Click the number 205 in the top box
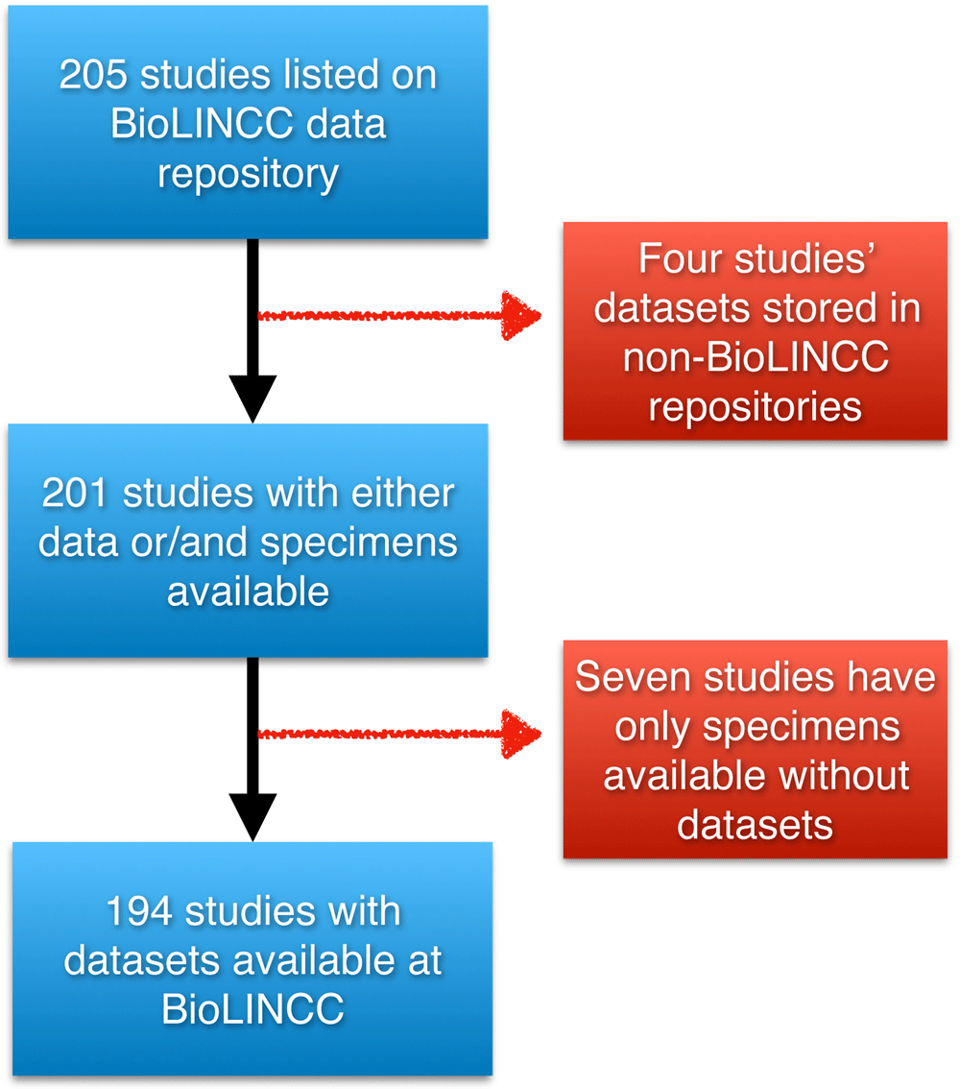(x=94, y=74)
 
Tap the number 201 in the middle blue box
(x=75, y=493)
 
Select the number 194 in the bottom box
(x=139, y=911)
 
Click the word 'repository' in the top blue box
(x=249, y=175)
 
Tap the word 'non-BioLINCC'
(x=756, y=357)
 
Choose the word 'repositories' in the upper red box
(x=756, y=408)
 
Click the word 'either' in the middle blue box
(x=402, y=493)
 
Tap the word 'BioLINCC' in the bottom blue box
(x=252, y=1010)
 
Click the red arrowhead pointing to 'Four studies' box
(x=520, y=316)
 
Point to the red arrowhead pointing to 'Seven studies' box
(x=520, y=734)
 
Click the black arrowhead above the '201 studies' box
(x=252, y=398)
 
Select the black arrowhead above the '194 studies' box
(x=252, y=816)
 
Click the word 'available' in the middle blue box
(x=249, y=593)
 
